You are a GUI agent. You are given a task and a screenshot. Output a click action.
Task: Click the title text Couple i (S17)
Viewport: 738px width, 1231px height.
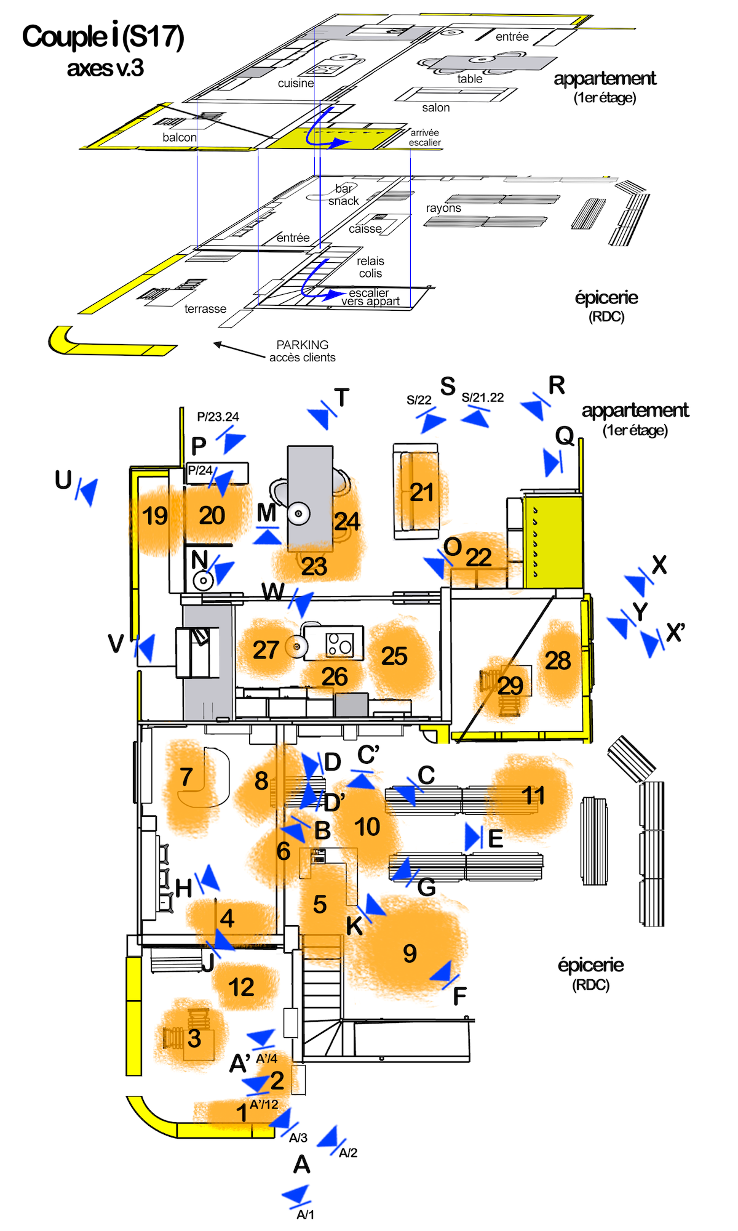click(103, 37)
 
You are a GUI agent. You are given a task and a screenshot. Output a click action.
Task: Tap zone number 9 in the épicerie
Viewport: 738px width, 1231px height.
click(410, 953)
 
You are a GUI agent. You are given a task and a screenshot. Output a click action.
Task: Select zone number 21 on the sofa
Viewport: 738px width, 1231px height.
click(422, 492)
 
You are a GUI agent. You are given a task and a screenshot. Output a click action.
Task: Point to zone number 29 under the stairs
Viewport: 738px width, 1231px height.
click(510, 686)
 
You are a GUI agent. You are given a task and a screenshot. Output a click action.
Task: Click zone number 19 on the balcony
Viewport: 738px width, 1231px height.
click(154, 516)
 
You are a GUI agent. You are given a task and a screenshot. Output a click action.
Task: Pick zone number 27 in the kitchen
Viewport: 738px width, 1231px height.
click(266, 650)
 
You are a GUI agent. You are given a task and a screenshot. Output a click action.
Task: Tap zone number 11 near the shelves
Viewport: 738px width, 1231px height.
click(533, 796)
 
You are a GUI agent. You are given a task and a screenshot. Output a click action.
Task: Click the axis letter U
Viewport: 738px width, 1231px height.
click(63, 480)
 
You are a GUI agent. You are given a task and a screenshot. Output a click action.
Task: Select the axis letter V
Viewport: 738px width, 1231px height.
click(116, 643)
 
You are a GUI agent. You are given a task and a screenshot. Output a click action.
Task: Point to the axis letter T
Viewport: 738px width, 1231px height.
click(342, 398)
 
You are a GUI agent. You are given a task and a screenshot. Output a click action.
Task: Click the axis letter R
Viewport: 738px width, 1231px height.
click(557, 385)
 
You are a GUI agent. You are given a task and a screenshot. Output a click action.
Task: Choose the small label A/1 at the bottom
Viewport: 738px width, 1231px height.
click(306, 1214)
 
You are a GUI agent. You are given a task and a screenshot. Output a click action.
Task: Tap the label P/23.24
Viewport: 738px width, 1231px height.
click(218, 417)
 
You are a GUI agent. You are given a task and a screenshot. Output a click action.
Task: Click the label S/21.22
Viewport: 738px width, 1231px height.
click(483, 398)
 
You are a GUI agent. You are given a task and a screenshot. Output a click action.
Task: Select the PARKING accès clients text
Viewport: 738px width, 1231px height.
click(303, 351)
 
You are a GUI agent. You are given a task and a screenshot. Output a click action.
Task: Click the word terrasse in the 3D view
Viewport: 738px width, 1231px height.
click(205, 309)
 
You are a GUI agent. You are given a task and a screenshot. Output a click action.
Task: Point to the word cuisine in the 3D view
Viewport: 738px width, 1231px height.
click(296, 83)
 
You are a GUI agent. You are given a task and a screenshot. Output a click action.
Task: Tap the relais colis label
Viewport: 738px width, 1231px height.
click(370, 267)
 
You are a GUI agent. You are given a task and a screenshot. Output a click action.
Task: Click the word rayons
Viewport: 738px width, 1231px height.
click(443, 208)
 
